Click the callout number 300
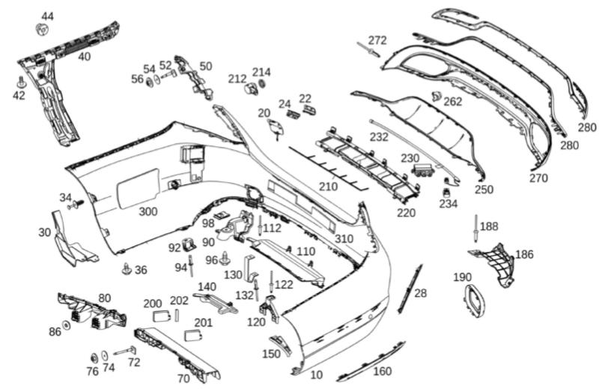(148, 212)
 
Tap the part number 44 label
(47, 16)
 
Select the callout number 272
(377, 40)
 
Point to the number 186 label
(524, 255)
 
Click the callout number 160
(382, 371)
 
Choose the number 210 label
(328, 186)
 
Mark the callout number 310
(344, 238)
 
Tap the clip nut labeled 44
(42, 30)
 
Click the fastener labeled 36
(127, 268)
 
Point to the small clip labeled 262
(436, 95)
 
